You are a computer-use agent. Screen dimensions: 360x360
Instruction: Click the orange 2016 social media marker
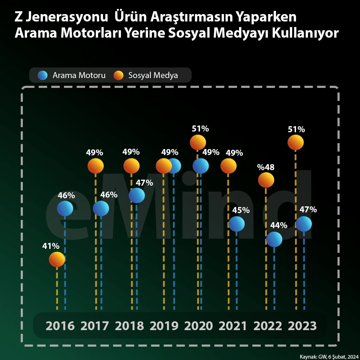point(57,260)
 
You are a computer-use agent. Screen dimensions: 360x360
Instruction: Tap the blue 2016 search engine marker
point(65,208)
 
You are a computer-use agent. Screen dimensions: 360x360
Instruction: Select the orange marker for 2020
point(198,142)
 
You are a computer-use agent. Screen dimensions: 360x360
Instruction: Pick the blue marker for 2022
point(274,239)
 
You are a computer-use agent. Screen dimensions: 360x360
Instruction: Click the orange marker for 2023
point(295,143)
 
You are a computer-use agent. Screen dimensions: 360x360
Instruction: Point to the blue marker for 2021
point(236,224)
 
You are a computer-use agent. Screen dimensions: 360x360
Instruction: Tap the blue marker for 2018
point(137,195)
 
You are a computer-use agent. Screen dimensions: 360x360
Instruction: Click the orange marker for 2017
point(96,166)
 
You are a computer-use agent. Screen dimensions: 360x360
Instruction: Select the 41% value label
point(51,246)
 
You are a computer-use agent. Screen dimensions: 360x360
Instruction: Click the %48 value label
point(266,167)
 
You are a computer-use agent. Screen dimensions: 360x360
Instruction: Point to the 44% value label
point(279,225)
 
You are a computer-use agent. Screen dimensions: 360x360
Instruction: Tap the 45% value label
point(241,210)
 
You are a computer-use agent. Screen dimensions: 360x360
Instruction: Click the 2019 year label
point(164,326)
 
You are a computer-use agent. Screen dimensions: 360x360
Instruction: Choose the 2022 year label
point(268,326)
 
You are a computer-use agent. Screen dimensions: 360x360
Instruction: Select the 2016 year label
point(60,326)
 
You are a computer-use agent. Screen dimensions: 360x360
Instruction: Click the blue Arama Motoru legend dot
point(43,75)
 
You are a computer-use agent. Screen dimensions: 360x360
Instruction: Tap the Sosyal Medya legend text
point(153,75)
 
